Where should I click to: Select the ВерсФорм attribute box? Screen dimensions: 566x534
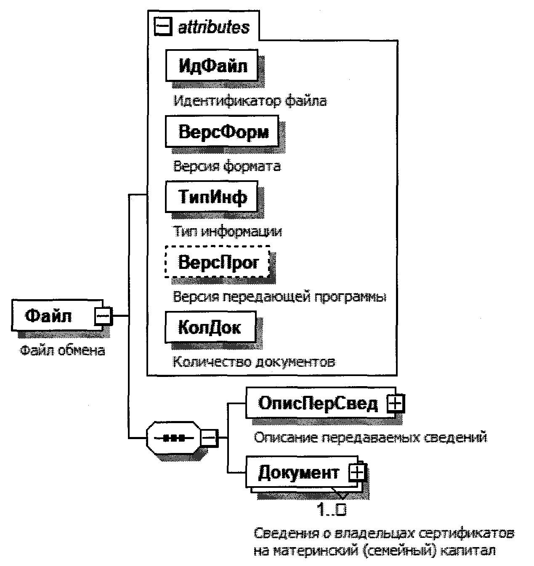[223, 132]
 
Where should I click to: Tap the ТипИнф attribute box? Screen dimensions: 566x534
[212, 196]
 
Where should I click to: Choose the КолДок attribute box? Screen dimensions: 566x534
[210, 327]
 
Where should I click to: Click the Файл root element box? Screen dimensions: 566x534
[50, 315]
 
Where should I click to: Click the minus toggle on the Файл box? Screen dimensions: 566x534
[103, 316]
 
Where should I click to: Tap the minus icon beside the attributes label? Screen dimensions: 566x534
[163, 27]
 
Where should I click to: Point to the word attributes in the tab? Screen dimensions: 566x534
[214, 27]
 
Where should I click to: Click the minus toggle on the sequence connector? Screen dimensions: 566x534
[209, 438]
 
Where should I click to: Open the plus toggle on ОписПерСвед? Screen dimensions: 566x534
[396, 404]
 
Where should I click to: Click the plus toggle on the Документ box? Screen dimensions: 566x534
[357, 473]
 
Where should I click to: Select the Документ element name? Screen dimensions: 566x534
[298, 473]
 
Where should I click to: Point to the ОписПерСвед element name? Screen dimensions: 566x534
[318, 404]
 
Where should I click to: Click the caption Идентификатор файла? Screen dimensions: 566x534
[250, 101]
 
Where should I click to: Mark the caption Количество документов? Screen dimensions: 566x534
[254, 362]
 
